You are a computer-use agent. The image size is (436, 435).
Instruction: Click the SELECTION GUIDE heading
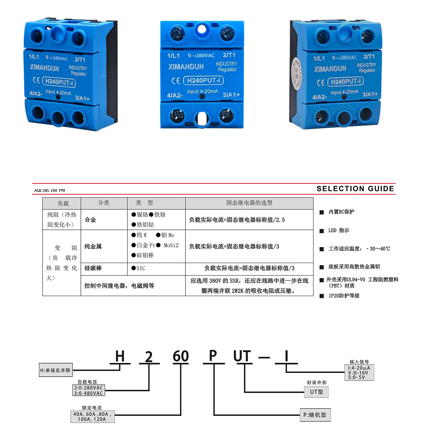(355, 189)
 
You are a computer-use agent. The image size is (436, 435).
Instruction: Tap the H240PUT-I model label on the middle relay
(203, 80)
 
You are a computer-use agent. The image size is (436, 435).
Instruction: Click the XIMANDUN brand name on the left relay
(44, 68)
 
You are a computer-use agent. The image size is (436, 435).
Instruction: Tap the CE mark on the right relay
(321, 83)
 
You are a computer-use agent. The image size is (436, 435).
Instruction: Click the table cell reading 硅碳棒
(93, 268)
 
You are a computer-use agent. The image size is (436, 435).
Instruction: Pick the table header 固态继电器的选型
(249, 203)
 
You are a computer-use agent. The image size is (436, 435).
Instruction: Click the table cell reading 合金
(90, 220)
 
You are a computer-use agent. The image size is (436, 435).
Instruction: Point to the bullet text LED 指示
(339, 230)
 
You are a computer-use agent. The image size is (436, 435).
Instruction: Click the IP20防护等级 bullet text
(344, 296)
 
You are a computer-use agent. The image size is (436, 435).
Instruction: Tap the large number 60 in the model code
(180, 356)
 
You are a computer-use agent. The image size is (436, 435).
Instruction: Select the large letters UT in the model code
(242, 356)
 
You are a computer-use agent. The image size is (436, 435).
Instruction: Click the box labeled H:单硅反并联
(56, 370)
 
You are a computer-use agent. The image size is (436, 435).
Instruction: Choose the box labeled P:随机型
(315, 415)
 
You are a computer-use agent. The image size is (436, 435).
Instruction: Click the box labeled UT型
(316, 392)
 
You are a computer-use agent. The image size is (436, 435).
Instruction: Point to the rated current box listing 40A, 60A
(92, 417)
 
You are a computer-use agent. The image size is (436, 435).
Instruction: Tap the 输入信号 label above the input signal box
(359, 362)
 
